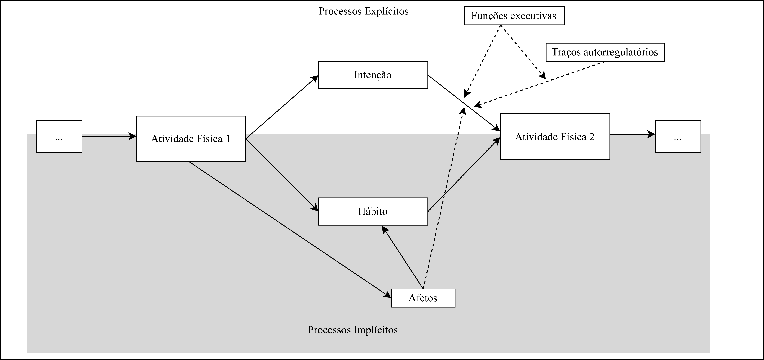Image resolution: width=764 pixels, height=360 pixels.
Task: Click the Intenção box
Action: pos(373,75)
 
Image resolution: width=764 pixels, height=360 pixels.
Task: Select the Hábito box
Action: pos(373,211)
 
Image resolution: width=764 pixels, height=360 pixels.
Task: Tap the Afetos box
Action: pos(423,298)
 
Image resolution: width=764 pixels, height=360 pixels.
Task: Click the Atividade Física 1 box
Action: pos(191,139)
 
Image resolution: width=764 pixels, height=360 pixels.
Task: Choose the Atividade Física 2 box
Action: pos(555,137)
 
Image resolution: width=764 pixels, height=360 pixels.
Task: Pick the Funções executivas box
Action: pos(514,16)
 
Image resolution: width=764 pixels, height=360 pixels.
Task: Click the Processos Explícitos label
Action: pos(363,11)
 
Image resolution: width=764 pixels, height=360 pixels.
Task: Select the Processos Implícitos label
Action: pos(352,330)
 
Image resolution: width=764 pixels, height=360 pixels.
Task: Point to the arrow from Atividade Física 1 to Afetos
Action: pos(289,228)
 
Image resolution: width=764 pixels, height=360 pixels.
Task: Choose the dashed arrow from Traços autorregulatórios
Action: pos(540,84)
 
